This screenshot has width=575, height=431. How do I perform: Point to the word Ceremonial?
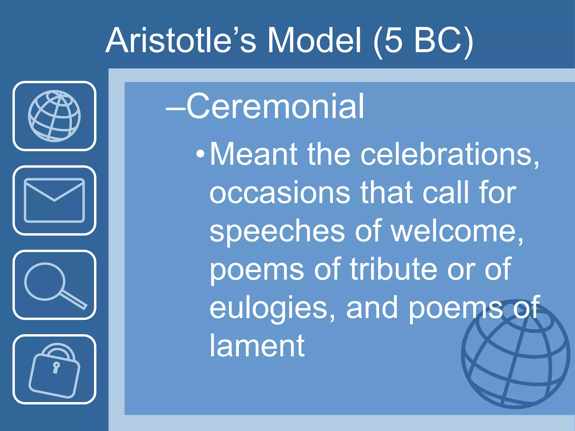click(x=275, y=107)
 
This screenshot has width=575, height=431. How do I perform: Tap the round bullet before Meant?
click(x=200, y=154)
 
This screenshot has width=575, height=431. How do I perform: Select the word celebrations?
click(x=449, y=154)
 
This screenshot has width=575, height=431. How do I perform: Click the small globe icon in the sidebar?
click(x=54, y=116)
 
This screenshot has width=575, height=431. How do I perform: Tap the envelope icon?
click(x=54, y=200)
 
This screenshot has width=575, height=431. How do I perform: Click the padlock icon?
click(x=54, y=370)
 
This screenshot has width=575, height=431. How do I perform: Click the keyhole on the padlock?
click(x=56, y=367)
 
